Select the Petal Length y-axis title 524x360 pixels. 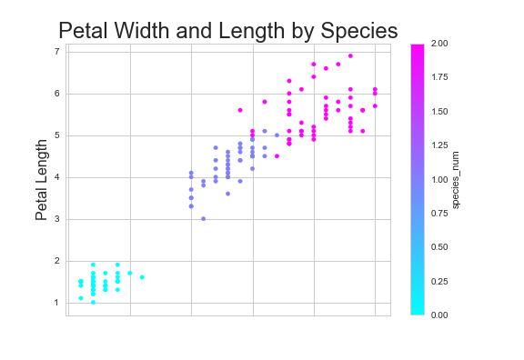[x=41, y=179]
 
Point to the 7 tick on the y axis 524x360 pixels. [x=56, y=52]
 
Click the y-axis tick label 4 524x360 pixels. [x=56, y=177]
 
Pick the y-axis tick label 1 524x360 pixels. [x=56, y=303]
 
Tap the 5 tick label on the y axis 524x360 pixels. [x=56, y=135]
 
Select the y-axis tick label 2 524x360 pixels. [x=56, y=261]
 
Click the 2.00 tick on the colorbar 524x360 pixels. [x=439, y=44]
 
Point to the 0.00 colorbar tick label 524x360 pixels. [x=439, y=315]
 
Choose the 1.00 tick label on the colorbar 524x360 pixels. [x=439, y=179]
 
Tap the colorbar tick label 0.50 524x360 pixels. [x=439, y=246]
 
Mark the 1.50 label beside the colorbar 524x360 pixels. [x=439, y=111]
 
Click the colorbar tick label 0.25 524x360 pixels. [x=439, y=281]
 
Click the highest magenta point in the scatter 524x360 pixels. [x=350, y=55]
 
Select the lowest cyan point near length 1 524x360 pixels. [x=93, y=302]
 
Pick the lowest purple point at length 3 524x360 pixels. [x=203, y=218]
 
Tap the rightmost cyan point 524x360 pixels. [x=142, y=277]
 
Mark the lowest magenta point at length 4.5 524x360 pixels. [x=277, y=155]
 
